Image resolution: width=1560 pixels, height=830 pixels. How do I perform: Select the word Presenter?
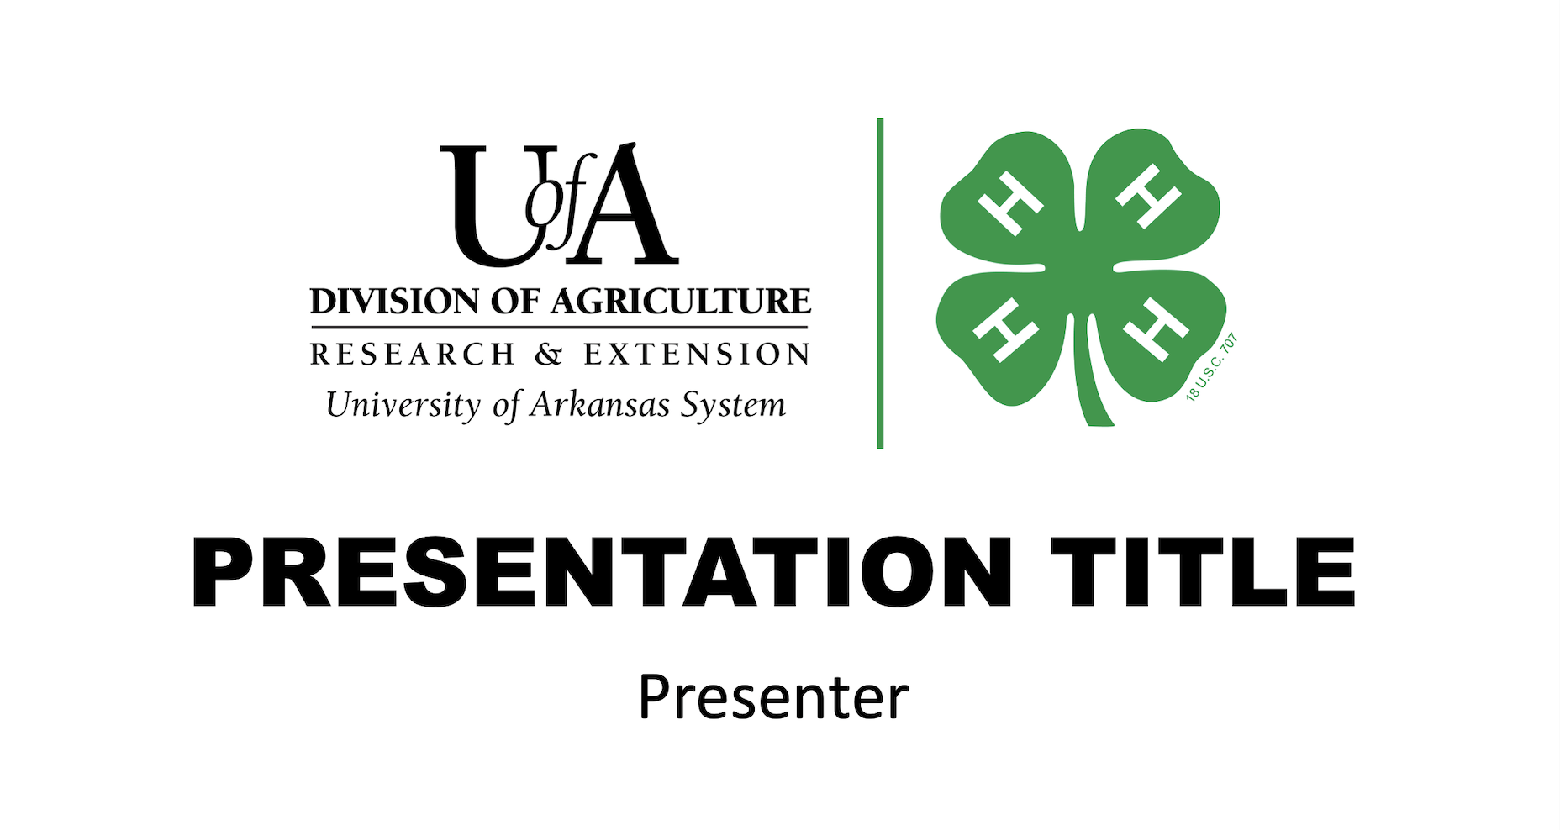click(773, 697)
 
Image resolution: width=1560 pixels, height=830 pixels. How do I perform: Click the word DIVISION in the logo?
click(394, 301)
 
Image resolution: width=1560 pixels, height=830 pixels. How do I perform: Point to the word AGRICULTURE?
click(680, 301)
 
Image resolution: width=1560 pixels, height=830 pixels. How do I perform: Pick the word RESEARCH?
click(412, 354)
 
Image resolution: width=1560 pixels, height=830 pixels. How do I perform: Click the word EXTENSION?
click(697, 354)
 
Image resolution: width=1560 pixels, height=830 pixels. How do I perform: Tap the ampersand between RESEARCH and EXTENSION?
click(548, 355)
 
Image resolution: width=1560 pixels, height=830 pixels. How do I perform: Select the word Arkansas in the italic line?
click(599, 405)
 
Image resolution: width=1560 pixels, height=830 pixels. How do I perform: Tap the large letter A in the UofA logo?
click(626, 207)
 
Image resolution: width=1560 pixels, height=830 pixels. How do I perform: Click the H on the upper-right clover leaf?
click(1148, 197)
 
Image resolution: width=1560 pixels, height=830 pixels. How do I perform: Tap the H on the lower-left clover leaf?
click(1004, 329)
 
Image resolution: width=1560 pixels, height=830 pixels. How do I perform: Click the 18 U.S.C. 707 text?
click(1212, 367)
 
